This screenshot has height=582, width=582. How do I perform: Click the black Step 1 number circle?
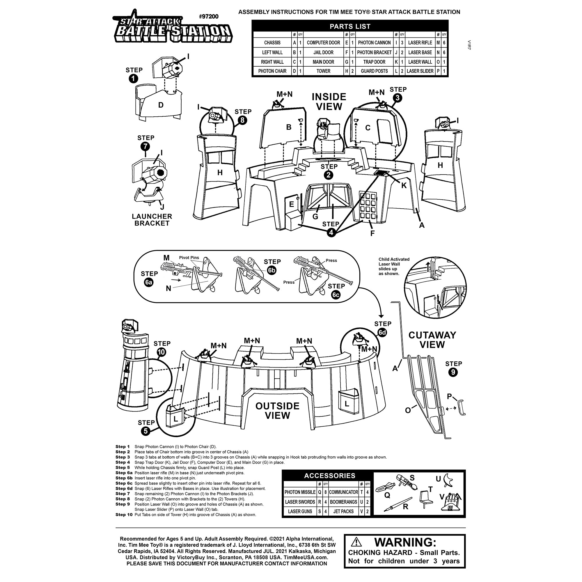click(133, 79)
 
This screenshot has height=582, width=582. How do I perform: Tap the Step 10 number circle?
click(162, 352)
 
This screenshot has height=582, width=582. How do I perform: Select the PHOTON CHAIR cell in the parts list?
click(272, 71)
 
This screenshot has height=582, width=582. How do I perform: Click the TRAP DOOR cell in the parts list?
click(374, 62)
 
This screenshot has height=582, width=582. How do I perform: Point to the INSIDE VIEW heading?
click(329, 102)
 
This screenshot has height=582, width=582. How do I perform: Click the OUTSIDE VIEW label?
click(277, 410)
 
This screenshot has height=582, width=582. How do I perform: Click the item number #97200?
click(208, 17)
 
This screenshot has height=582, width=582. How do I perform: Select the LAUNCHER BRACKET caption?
click(152, 220)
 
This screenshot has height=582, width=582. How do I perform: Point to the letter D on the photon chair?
click(161, 105)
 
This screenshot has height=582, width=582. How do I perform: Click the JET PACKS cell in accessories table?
click(343, 511)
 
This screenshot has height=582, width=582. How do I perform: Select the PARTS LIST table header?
click(350, 26)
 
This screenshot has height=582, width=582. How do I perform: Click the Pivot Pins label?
click(189, 258)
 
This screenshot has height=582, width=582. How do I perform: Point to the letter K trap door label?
click(404, 185)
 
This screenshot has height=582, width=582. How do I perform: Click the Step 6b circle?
click(272, 270)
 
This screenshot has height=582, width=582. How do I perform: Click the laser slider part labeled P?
click(461, 408)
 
